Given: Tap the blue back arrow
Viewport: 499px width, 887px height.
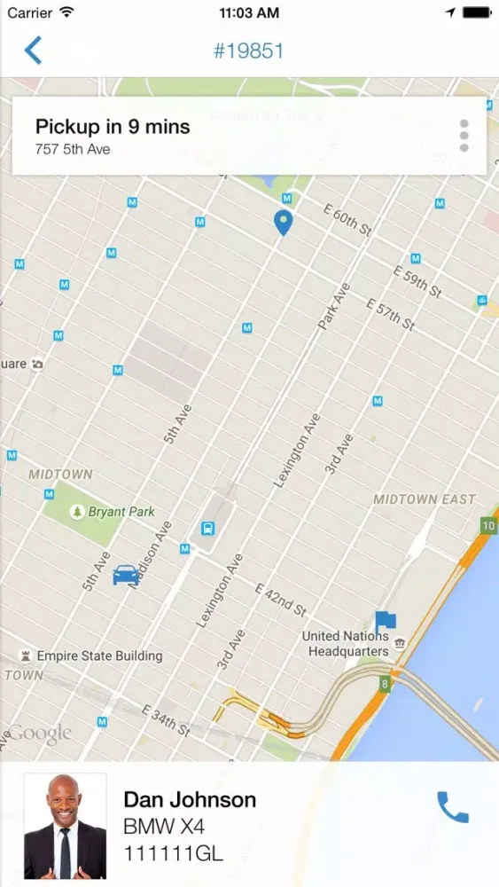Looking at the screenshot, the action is click(33, 51).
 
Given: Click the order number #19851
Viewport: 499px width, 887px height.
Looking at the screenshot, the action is click(248, 51).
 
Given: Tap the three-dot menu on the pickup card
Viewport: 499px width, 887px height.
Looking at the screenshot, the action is click(464, 136).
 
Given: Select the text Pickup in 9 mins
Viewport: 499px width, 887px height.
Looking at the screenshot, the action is click(113, 127).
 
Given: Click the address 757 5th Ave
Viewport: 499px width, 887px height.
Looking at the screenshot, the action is click(73, 149).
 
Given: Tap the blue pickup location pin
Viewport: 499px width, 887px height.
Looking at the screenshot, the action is click(283, 223).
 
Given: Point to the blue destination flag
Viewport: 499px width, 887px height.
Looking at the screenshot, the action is click(385, 620).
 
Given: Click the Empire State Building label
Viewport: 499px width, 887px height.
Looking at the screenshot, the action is click(99, 656).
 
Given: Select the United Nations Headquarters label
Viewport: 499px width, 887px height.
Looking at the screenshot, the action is click(347, 644).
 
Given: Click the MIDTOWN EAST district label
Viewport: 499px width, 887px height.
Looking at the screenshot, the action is click(424, 499).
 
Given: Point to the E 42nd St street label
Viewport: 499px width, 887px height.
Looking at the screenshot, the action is click(280, 600).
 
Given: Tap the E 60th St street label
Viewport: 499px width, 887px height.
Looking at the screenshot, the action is click(347, 219).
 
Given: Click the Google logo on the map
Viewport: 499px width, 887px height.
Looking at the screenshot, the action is click(40, 734).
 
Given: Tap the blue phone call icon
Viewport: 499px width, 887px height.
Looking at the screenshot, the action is click(453, 806).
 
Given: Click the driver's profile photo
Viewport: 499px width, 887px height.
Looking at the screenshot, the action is click(65, 826).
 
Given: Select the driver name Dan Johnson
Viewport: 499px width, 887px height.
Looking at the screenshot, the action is click(190, 800).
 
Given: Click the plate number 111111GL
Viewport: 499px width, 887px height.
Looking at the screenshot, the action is click(173, 853).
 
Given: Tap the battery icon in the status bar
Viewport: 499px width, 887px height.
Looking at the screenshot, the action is click(475, 13).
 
